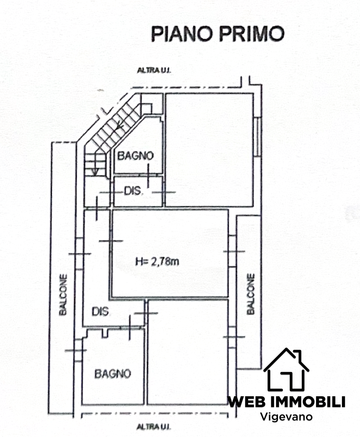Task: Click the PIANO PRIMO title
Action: click(x=217, y=34)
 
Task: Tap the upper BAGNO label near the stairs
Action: click(x=136, y=155)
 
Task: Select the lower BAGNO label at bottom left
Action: click(x=113, y=374)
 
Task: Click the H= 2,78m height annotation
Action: click(x=157, y=261)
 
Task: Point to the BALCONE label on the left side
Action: click(x=63, y=295)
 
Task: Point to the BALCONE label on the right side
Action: click(x=251, y=294)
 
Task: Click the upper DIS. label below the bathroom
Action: click(x=134, y=191)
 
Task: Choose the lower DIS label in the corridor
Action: click(x=101, y=311)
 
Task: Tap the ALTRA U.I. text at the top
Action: click(x=154, y=71)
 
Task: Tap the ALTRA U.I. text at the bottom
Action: click(x=154, y=426)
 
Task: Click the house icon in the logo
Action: click(x=286, y=369)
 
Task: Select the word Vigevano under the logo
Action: click(x=286, y=417)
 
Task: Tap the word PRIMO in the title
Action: click(x=252, y=34)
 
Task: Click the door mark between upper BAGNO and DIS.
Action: click(x=148, y=176)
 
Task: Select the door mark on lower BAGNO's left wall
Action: click(x=76, y=350)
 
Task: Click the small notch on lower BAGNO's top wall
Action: click(x=105, y=333)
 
